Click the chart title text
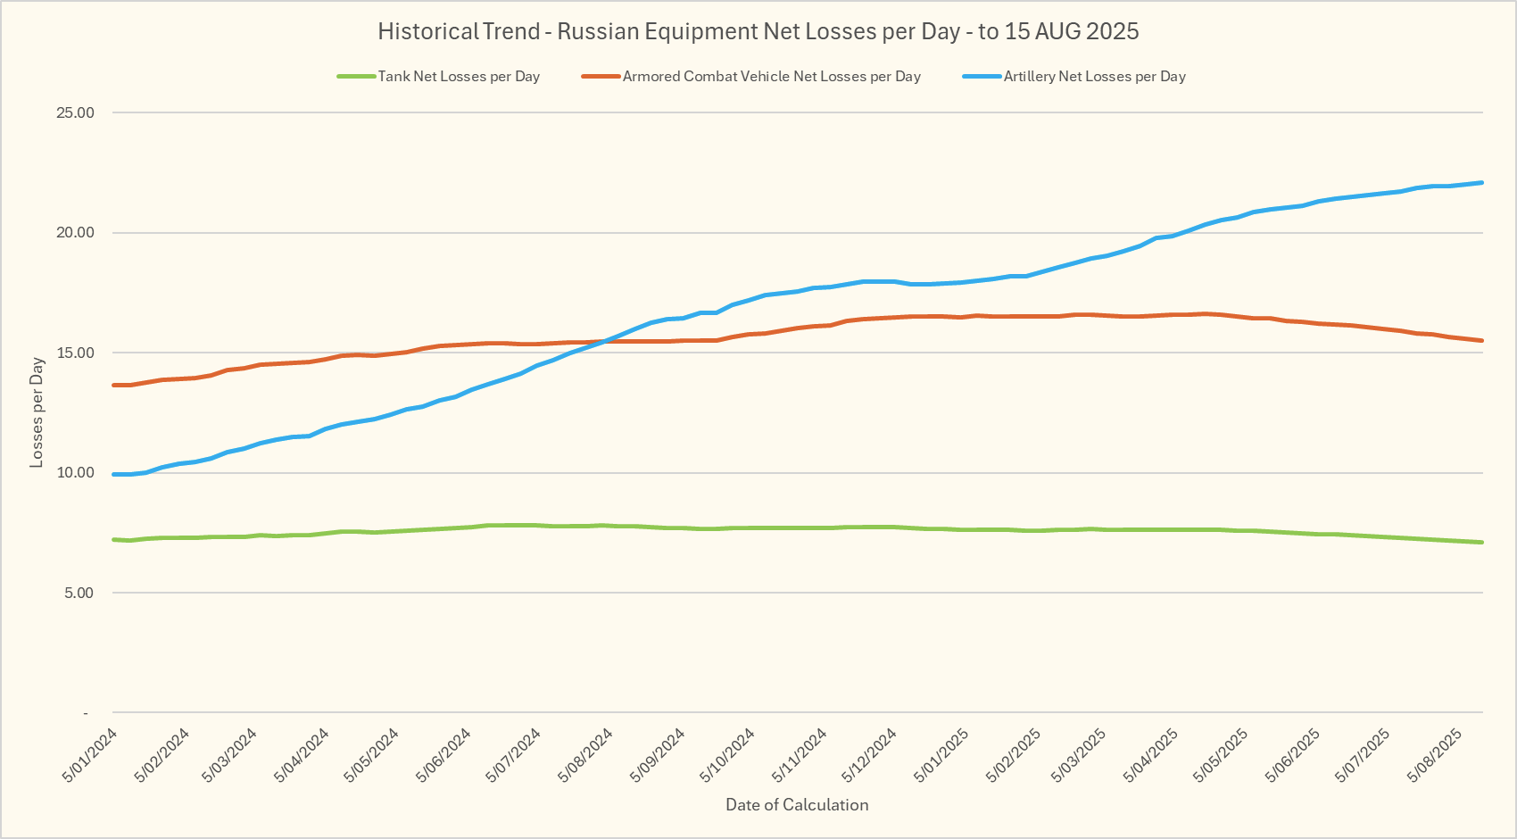pyautogui.click(x=758, y=31)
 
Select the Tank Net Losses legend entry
pyautogui.click(x=459, y=77)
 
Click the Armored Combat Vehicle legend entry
pyautogui.click(x=771, y=77)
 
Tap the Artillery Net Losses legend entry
pyautogui.click(x=1094, y=77)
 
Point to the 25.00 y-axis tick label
pyautogui.click(x=75, y=112)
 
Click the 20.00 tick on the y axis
pyautogui.click(x=75, y=233)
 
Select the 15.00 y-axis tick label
pyautogui.click(x=75, y=353)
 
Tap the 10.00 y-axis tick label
pyautogui.click(x=75, y=473)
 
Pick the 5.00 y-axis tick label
pyautogui.click(x=79, y=593)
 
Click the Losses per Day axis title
pyautogui.click(x=37, y=412)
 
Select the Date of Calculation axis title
pyautogui.click(x=797, y=805)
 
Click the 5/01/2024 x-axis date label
pyautogui.click(x=90, y=755)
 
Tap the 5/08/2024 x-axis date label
pyautogui.click(x=585, y=755)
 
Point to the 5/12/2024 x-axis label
pyautogui.click(x=869, y=755)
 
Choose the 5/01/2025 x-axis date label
pyautogui.click(x=941, y=755)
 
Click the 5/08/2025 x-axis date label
pyautogui.click(x=1434, y=755)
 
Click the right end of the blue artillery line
pyautogui.click(x=1482, y=183)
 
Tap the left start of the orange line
pyautogui.click(x=114, y=385)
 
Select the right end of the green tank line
pyautogui.click(x=1482, y=542)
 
